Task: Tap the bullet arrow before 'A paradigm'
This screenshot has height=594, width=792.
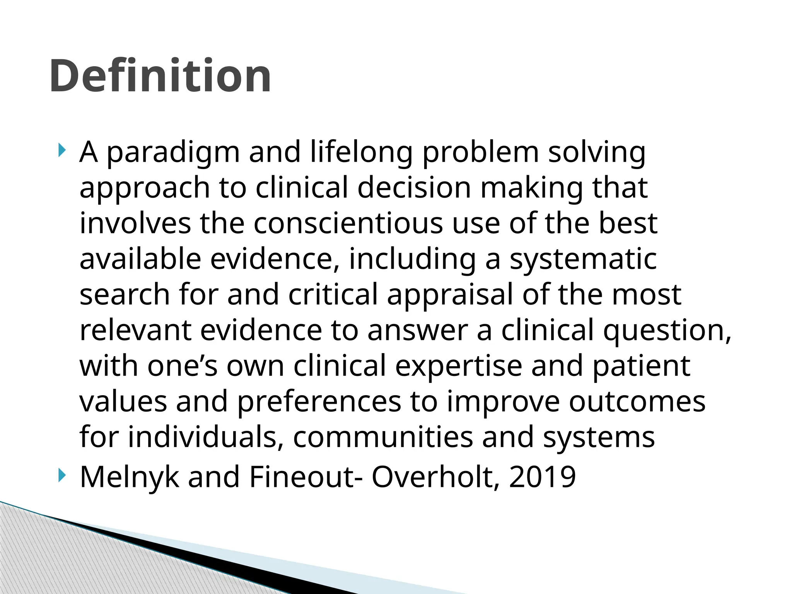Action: pyautogui.click(x=61, y=150)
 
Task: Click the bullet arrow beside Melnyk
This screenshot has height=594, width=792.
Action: pyautogui.click(x=61, y=475)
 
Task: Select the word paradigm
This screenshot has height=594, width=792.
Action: pyautogui.click(x=173, y=153)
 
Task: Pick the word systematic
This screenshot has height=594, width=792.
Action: pyautogui.click(x=583, y=259)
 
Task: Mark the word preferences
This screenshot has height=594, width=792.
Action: pyautogui.click(x=319, y=402)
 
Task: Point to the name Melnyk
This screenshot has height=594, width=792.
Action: pyautogui.click(x=129, y=477)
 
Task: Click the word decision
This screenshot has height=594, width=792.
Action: pyautogui.click(x=414, y=188)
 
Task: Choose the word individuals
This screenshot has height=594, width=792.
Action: pyautogui.click(x=205, y=437)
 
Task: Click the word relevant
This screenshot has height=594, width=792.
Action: pyautogui.click(x=135, y=330)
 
